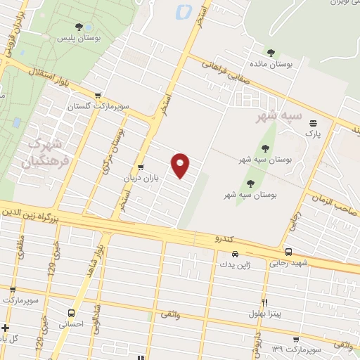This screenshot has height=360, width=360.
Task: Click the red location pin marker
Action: click(x=181, y=164)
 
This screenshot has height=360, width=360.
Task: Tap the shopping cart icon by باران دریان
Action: click(x=142, y=167)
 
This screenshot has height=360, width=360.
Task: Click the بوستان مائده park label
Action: click(x=271, y=63)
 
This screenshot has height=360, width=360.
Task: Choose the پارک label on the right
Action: click(x=312, y=131)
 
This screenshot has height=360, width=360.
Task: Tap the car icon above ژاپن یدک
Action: click(x=236, y=254)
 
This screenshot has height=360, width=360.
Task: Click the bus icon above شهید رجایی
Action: click(x=288, y=252)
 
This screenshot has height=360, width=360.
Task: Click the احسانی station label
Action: click(x=70, y=324)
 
